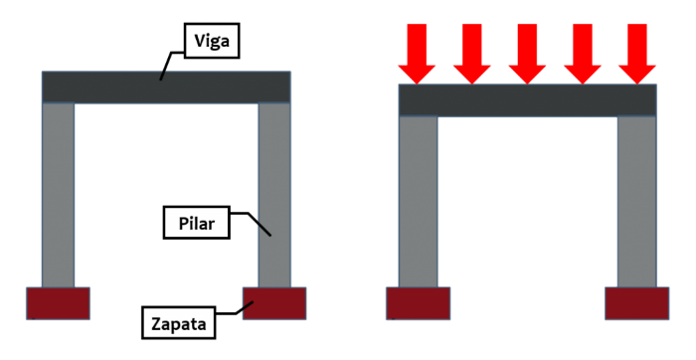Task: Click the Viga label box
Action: click(x=214, y=43)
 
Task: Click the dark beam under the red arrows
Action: click(x=526, y=99)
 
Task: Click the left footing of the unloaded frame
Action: click(x=58, y=302)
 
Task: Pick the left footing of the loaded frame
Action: click(x=418, y=304)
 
